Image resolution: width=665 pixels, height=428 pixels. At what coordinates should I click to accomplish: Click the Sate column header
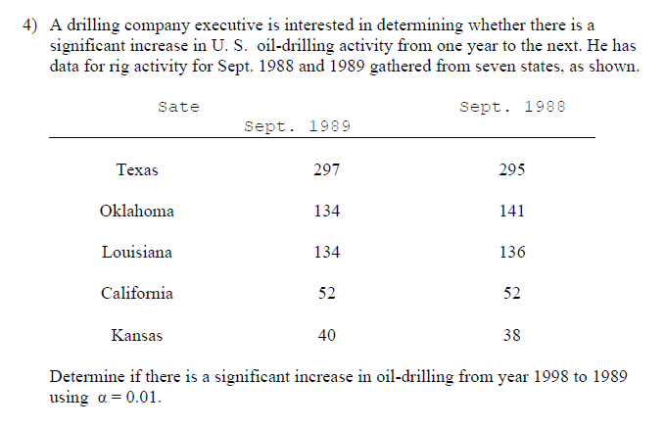[x=178, y=107]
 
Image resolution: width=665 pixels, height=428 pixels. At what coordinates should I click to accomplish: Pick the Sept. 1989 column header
[x=297, y=127]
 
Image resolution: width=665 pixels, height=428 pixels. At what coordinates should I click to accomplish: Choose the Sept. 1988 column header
[x=512, y=107]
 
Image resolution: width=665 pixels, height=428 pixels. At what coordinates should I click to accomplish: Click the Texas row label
[x=137, y=169]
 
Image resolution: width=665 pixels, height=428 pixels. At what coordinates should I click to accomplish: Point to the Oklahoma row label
[x=137, y=211]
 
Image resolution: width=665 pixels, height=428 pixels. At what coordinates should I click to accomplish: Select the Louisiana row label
[x=137, y=252]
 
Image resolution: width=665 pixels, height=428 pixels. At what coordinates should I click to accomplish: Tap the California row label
[x=137, y=293]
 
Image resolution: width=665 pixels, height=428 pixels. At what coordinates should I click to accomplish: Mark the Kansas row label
[x=137, y=335]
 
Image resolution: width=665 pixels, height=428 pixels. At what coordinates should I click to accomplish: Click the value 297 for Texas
[x=326, y=169]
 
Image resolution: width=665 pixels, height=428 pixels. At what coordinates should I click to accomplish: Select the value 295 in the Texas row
[x=511, y=169]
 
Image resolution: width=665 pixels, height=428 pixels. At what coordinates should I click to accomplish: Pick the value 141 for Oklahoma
[x=511, y=211]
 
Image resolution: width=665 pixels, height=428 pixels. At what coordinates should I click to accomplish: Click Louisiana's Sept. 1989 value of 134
[x=326, y=252]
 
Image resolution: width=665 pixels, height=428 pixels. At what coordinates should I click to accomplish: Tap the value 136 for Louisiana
[x=511, y=252]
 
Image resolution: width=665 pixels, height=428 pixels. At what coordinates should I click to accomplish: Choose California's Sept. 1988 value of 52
[x=511, y=293]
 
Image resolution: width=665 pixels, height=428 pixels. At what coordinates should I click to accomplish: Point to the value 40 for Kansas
[x=326, y=335]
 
